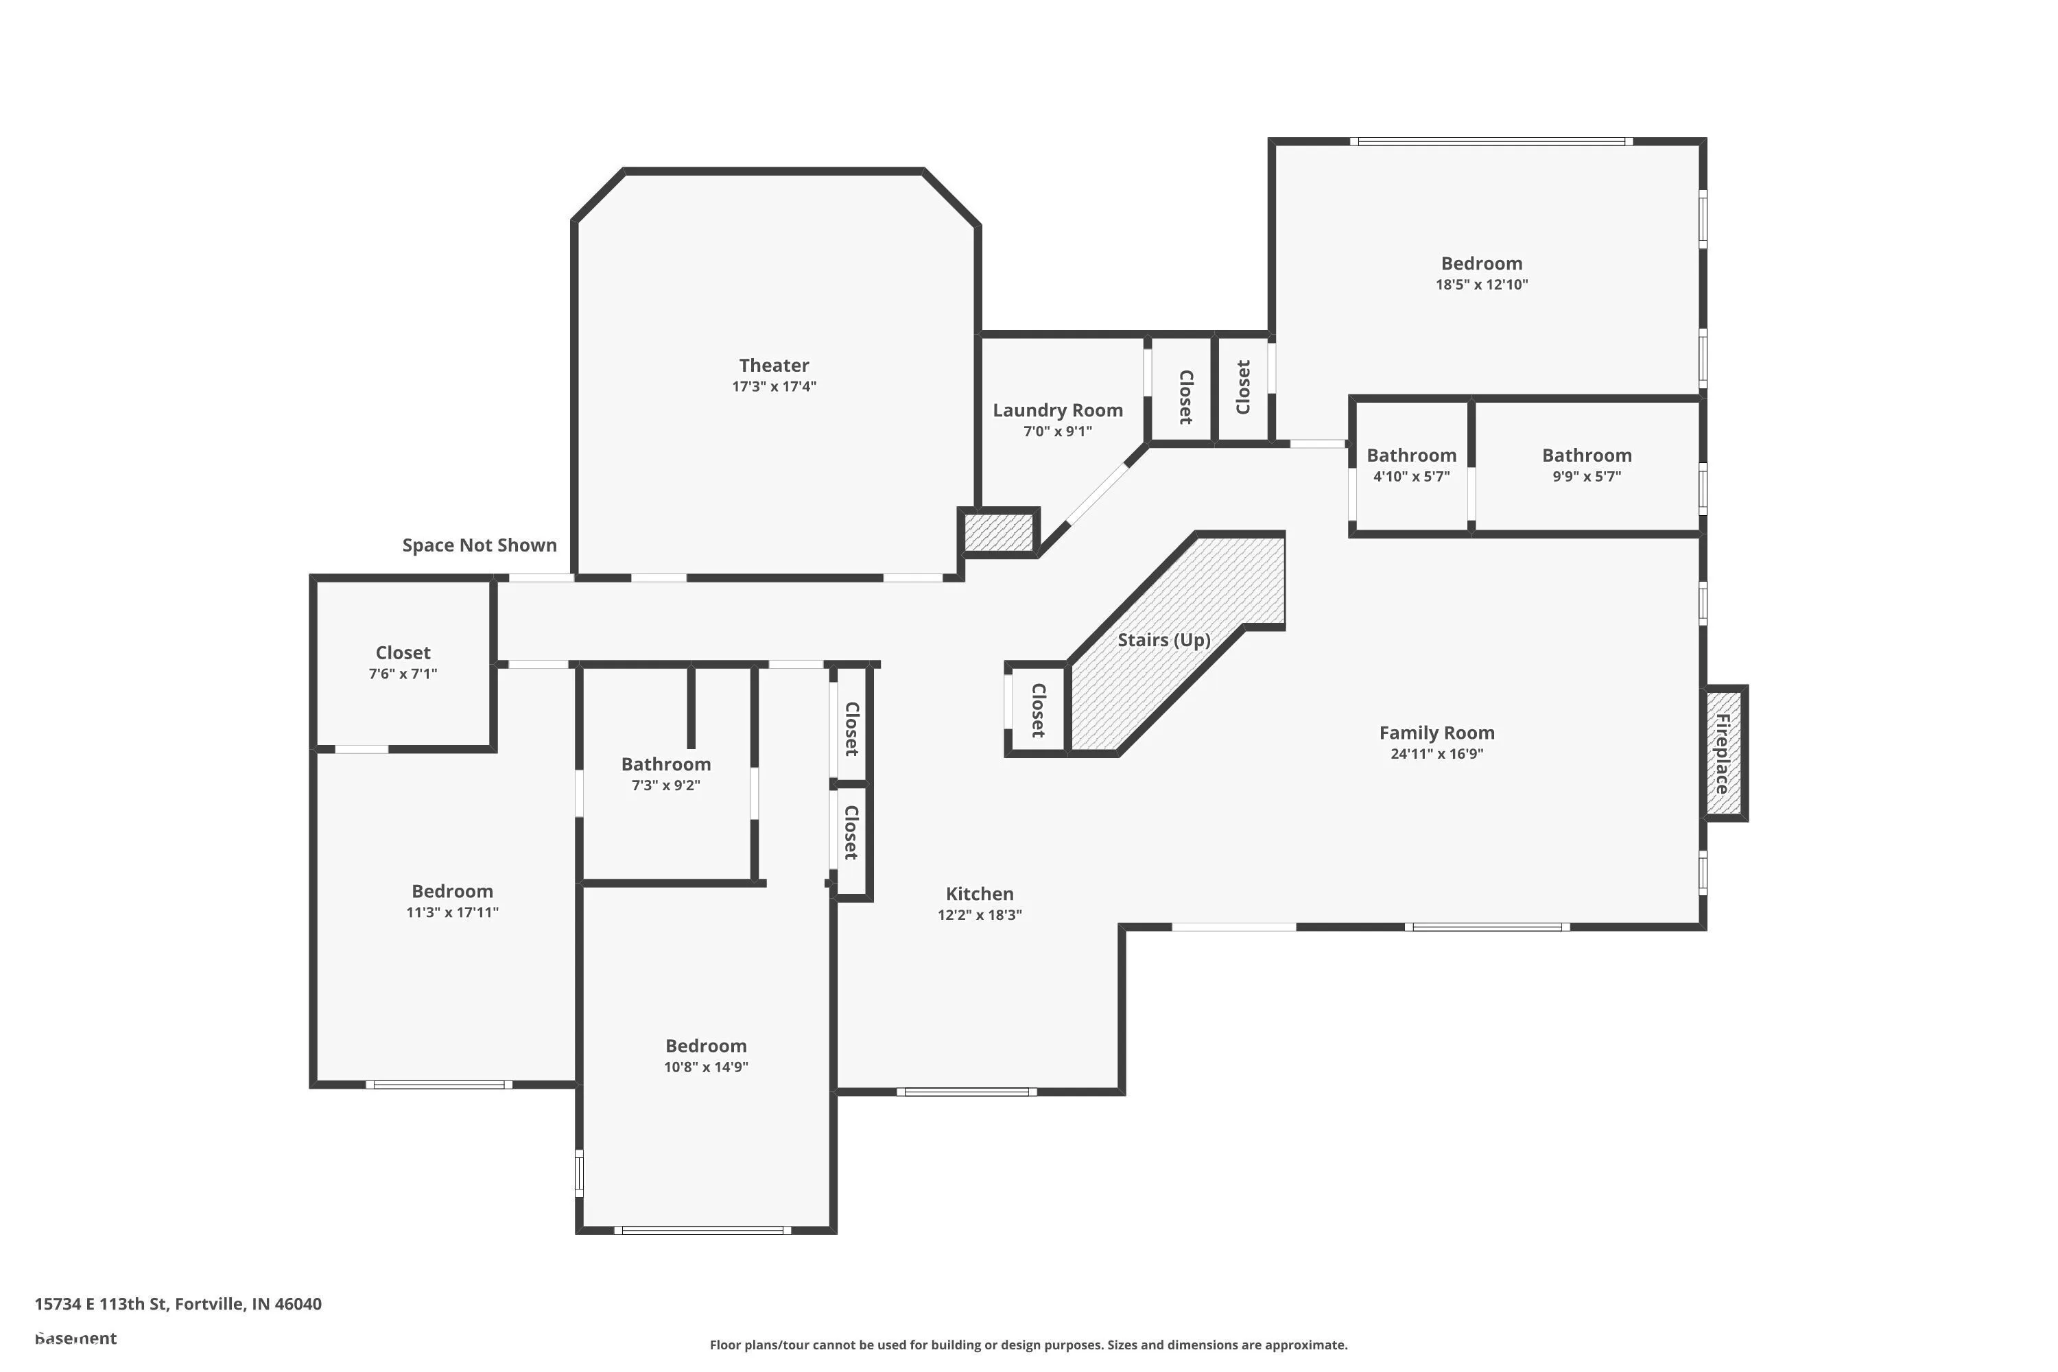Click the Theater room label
coord(774,366)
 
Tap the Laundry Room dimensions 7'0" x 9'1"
coord(1057,431)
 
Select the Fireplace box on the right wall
coord(1723,753)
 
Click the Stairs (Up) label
coord(1163,639)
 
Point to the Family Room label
coord(1436,733)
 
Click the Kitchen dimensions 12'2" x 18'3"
coord(979,915)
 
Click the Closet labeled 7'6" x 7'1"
coord(403,653)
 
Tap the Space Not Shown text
coord(479,545)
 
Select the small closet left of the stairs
coord(1038,709)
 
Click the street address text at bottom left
coord(178,1304)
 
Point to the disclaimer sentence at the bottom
coord(1028,1345)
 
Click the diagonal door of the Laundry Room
coord(1096,495)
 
